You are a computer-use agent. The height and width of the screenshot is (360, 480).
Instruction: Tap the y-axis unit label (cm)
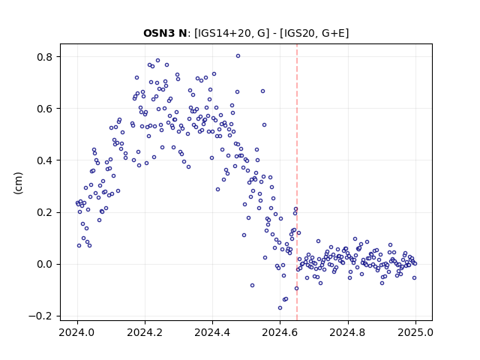point(18,183)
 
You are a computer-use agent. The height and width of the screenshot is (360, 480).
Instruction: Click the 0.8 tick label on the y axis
point(45,57)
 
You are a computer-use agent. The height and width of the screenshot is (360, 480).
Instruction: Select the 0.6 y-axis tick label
point(45,109)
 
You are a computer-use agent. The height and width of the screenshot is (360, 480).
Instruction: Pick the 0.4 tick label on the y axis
point(45,160)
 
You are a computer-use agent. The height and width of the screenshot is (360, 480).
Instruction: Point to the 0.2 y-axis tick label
point(45,212)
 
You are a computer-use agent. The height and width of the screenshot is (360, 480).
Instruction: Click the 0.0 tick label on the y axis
point(45,264)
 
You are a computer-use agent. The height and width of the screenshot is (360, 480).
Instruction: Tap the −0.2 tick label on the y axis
point(40,316)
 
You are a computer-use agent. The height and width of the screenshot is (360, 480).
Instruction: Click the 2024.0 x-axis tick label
point(78,332)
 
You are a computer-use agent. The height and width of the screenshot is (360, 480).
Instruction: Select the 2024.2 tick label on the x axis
point(145,332)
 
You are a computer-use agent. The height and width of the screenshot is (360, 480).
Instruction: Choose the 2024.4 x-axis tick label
point(212,332)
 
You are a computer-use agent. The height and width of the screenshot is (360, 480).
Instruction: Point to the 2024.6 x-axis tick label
point(280,332)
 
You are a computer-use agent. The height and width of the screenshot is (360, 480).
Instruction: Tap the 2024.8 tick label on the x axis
point(348,332)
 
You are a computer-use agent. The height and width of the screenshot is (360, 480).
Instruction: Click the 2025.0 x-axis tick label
point(415,332)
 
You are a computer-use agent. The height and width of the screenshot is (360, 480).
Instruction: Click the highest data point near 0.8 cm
point(238,56)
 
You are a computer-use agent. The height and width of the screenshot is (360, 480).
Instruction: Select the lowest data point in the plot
point(280,308)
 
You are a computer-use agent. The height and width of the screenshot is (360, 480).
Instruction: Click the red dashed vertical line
point(297,182)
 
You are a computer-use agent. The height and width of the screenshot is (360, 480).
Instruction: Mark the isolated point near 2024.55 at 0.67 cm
point(262,91)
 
